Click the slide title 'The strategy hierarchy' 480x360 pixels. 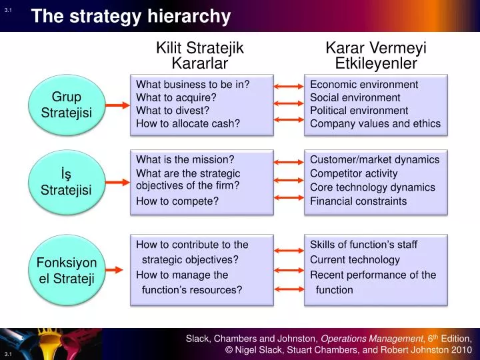pyautogui.click(x=131, y=16)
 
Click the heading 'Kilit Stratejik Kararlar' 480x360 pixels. pyautogui.click(x=200, y=55)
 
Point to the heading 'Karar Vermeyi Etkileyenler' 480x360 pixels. pyautogui.click(x=376, y=55)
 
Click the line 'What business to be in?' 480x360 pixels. pyautogui.click(x=193, y=85)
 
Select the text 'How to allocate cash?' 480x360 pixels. pyautogui.click(x=188, y=123)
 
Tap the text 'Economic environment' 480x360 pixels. pyautogui.click(x=364, y=85)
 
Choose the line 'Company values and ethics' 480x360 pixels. pyautogui.click(x=375, y=123)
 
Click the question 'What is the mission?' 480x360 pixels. pyautogui.click(x=185, y=159)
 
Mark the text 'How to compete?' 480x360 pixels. pyautogui.click(x=177, y=201)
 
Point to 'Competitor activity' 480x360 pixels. pyautogui.click(x=354, y=173)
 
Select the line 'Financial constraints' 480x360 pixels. pyautogui.click(x=358, y=201)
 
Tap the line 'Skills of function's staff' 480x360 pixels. pyautogui.click(x=363, y=245)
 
